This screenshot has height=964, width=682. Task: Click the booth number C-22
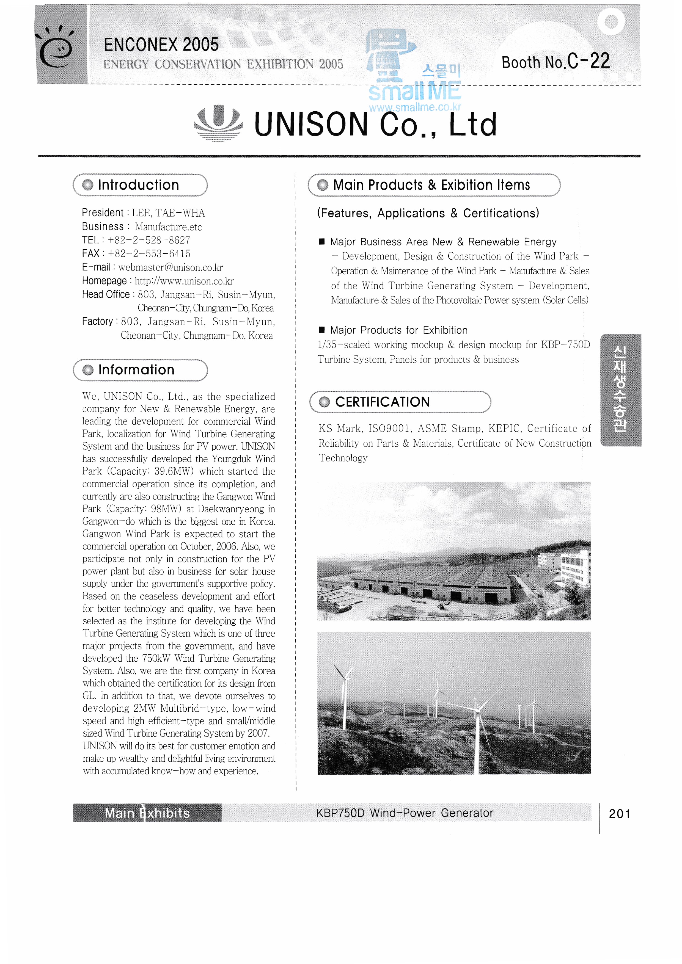[588, 61]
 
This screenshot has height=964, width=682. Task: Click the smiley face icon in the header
[56, 49]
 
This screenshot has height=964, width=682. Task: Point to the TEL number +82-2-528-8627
[149, 240]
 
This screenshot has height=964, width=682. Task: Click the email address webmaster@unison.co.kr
[170, 267]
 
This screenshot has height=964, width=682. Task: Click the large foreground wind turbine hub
[477, 709]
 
